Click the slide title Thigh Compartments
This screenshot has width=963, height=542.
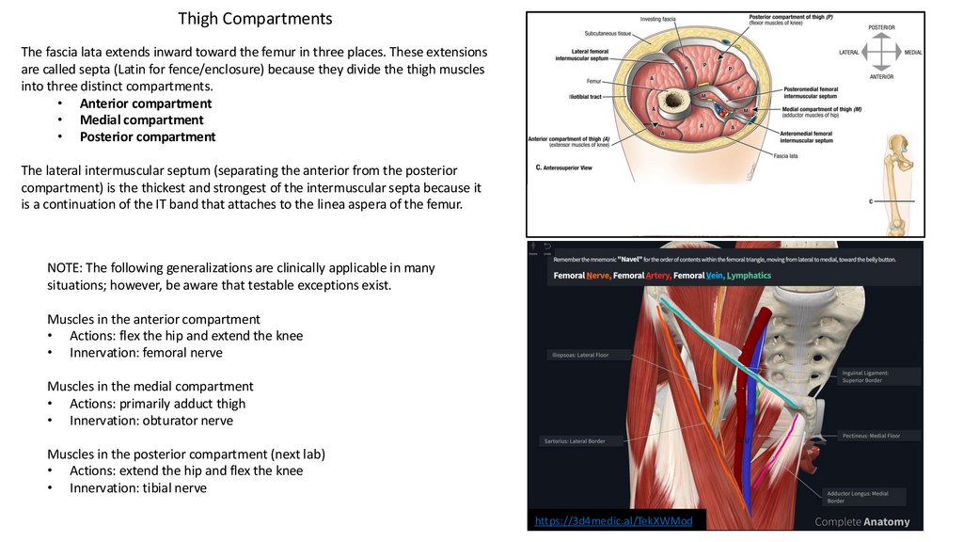coord(255,19)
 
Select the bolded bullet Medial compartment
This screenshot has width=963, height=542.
coord(141,120)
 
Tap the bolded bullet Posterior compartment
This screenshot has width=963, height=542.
coord(147,137)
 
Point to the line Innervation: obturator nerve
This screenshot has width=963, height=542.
coord(150,421)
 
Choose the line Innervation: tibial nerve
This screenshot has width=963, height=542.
coord(137,488)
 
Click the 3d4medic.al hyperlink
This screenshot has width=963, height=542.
coord(613,521)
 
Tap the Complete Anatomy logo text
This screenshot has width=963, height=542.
coord(861,521)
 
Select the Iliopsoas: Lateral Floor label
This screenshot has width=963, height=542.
coord(579,356)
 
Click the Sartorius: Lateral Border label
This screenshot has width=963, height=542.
coord(575,440)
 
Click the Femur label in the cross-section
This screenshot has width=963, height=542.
coord(593,82)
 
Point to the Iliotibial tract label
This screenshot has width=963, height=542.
coord(586,96)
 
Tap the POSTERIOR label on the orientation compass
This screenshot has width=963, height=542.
coord(881,28)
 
